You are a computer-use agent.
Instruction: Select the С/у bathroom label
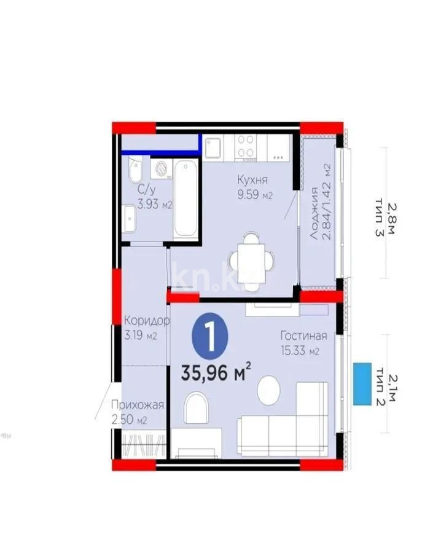click(x=146, y=189)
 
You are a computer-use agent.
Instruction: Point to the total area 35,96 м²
click(x=216, y=372)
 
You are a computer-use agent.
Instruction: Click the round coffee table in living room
click(x=268, y=390)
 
